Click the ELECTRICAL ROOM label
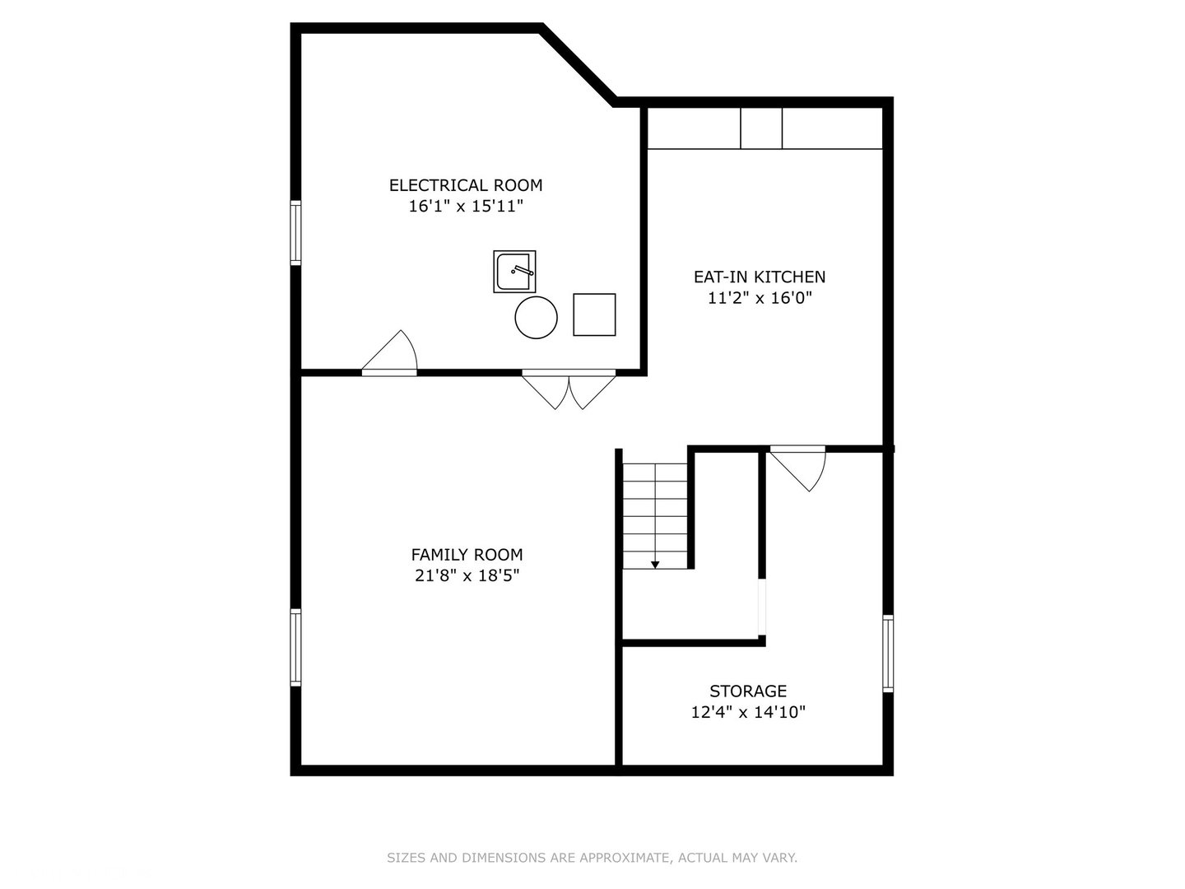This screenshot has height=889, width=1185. coord(466,185)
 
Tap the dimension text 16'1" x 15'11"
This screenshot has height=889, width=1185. coord(466,206)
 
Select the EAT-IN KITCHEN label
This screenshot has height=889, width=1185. coord(759,277)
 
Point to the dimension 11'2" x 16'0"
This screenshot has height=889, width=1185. coord(760,298)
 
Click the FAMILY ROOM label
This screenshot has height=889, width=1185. coord(467,554)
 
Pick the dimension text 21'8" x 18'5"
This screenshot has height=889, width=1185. coord(467,575)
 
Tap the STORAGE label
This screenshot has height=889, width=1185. coord(748,691)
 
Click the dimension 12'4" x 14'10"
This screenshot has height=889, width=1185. coord(748,712)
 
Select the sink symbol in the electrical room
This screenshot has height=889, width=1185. coord(514,272)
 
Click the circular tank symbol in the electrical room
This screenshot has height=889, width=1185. coord(536,318)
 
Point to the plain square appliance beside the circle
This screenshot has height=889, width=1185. coord(594,314)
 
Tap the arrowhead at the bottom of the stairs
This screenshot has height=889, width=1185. coord(655,566)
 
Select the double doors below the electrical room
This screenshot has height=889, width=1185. coord(569,389)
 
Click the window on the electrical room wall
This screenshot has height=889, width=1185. coord(296,233)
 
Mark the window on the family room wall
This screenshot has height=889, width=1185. coord(296,647)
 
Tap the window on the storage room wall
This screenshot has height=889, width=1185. coord(888,653)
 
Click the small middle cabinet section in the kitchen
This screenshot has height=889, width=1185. coord(761,128)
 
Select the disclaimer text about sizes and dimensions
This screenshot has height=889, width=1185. coord(592,857)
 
